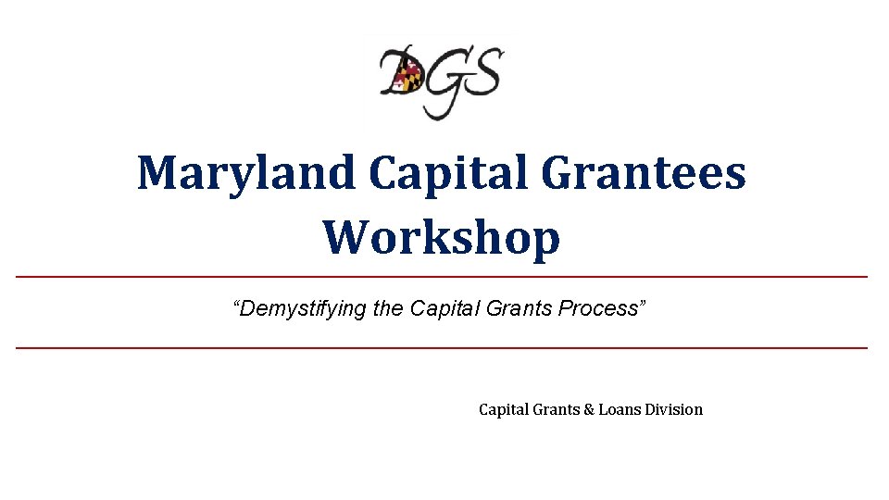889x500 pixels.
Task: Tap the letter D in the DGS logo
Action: [x=401, y=74]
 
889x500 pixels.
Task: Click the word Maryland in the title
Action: [x=245, y=173]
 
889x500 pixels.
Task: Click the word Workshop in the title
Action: [x=442, y=237]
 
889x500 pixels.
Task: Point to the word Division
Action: [x=673, y=408]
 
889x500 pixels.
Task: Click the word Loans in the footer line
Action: [x=620, y=408]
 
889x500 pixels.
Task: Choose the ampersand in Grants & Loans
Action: [x=588, y=408]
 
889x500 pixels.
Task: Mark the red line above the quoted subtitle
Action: [x=442, y=277]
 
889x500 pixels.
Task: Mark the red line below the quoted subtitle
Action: [x=442, y=348]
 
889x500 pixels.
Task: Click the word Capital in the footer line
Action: [x=503, y=408]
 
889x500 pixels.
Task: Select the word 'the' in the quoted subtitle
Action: [x=388, y=308]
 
